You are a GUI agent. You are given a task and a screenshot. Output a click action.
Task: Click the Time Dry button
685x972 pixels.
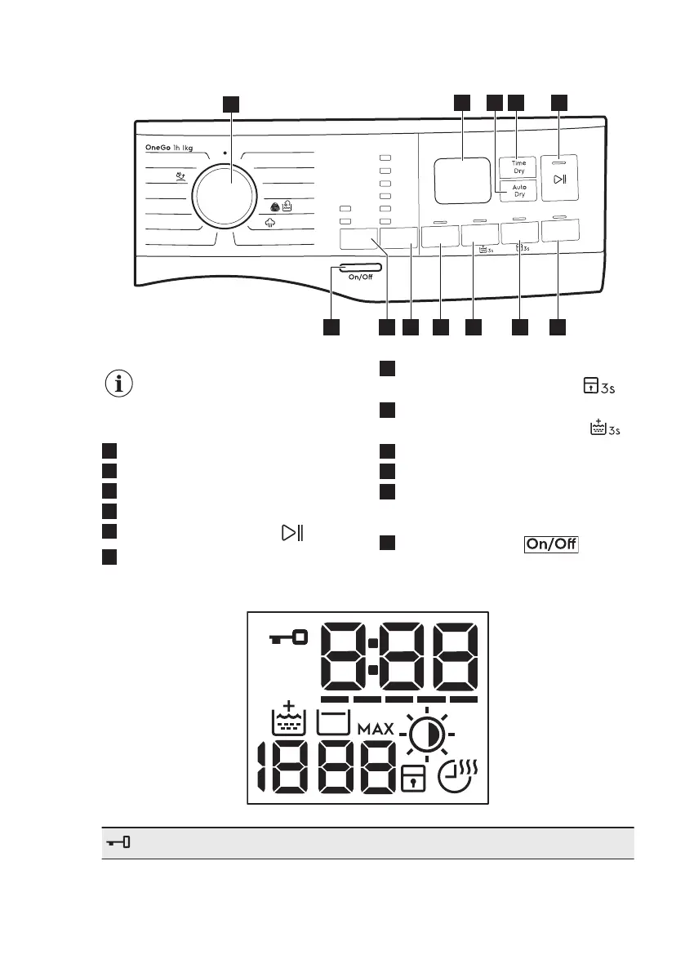(518, 167)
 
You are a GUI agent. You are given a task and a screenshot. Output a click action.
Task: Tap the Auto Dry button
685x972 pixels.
(518, 191)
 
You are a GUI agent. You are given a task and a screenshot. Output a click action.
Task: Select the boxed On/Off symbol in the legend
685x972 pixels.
(550, 544)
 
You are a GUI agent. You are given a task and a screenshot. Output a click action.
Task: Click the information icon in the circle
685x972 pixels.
(120, 383)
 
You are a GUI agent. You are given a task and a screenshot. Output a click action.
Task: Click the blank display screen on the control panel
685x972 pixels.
(463, 180)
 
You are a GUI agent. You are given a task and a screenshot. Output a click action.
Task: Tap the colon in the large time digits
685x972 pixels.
(371, 656)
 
